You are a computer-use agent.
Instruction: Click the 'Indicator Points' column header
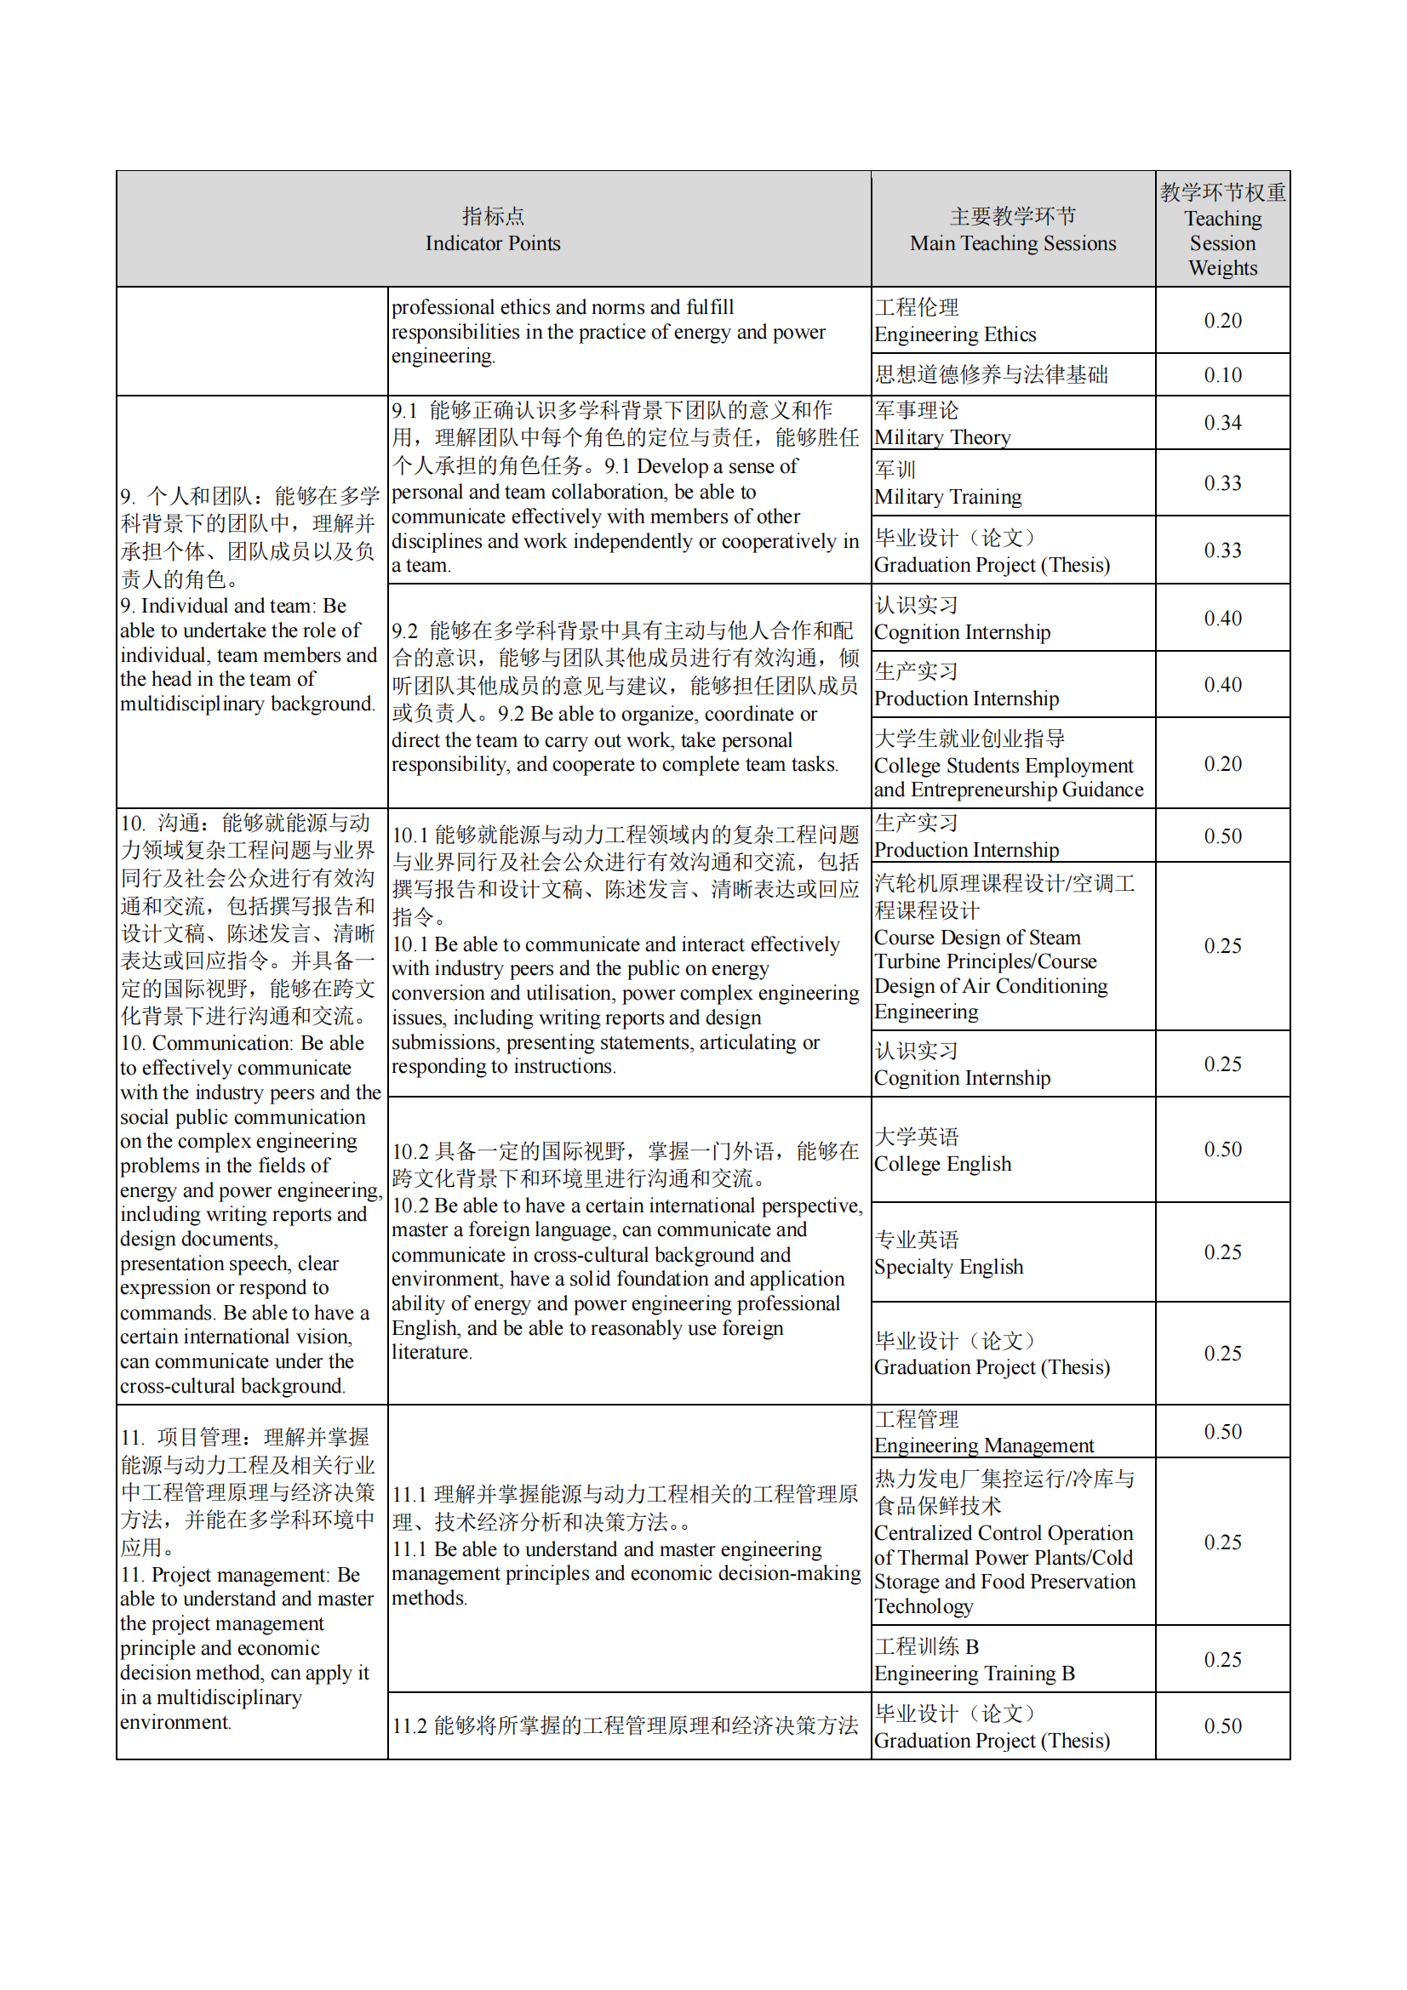[x=492, y=230]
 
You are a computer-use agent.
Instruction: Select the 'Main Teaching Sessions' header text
[x=1013, y=230]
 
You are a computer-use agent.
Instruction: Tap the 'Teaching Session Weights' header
[x=1222, y=230]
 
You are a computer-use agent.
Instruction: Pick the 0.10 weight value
[x=1222, y=375]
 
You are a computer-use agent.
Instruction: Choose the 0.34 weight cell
[x=1222, y=423]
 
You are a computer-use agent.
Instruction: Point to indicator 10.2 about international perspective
[x=626, y=1252]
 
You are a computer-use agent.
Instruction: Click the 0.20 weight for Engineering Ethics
[x=1222, y=321]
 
